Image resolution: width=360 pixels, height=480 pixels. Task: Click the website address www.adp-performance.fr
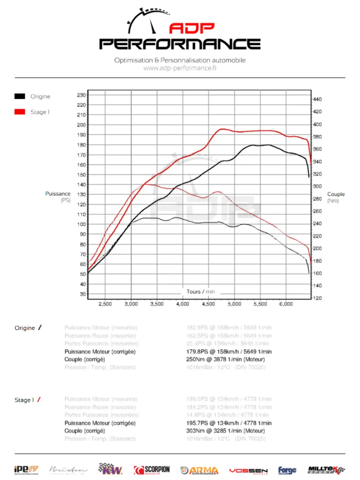[180, 68]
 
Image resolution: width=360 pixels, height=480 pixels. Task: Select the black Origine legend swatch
[20, 97]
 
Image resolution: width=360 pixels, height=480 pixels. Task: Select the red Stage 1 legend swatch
[20, 112]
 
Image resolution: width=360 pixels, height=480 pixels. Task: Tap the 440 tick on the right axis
[317, 99]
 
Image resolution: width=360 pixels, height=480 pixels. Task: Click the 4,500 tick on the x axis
[208, 304]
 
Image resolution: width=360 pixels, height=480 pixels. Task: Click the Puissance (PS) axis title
[58, 197]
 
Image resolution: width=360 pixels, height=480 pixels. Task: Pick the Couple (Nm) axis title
[336, 197]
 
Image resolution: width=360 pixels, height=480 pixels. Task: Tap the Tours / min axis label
[201, 292]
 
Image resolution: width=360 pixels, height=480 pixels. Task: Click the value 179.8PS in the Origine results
[198, 352]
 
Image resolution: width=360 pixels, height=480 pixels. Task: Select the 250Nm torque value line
[225, 360]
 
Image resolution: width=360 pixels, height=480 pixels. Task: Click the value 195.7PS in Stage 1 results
[198, 423]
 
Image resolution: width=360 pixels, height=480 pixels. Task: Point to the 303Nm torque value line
[225, 431]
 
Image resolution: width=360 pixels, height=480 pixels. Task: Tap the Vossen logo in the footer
[248, 470]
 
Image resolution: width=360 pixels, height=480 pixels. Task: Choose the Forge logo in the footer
[287, 470]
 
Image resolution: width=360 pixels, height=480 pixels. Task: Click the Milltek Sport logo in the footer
[326, 470]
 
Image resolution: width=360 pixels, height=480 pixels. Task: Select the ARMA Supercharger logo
[199, 470]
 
